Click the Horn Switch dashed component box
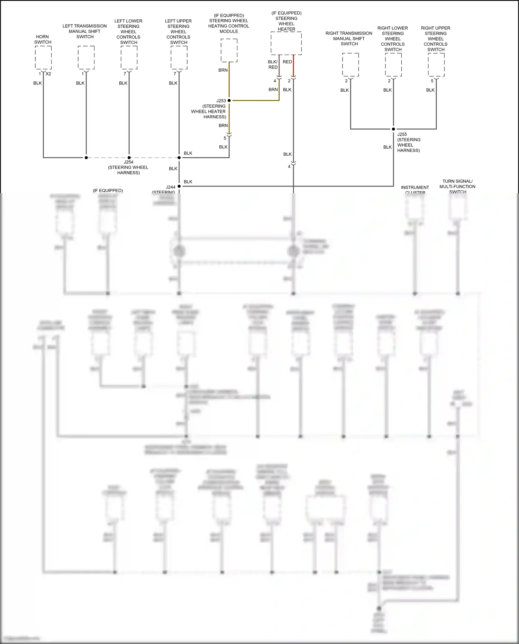pyautogui.click(x=43, y=57)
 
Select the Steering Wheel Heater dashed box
pyautogui.click(x=286, y=43)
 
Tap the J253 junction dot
pyautogui.click(x=229, y=101)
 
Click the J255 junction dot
pyautogui.click(x=393, y=129)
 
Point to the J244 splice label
pyautogui.click(x=171, y=187)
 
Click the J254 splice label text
pyautogui.click(x=128, y=162)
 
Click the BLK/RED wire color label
pyautogui.click(x=273, y=64)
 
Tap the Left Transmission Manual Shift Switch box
pyautogui.click(x=86, y=57)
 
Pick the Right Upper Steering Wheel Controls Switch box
pyautogui.click(x=436, y=65)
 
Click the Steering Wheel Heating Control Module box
pyautogui.click(x=229, y=51)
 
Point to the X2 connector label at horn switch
pyautogui.click(x=48, y=74)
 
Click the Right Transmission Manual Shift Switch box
pyautogui.click(x=350, y=65)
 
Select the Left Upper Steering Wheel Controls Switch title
pyautogui.click(x=179, y=31)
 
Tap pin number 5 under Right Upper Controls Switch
pyautogui.click(x=432, y=81)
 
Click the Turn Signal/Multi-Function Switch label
pyautogui.click(x=457, y=186)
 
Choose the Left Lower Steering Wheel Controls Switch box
pyautogui.click(x=129, y=57)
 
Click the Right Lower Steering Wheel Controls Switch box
pyautogui.click(x=393, y=65)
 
